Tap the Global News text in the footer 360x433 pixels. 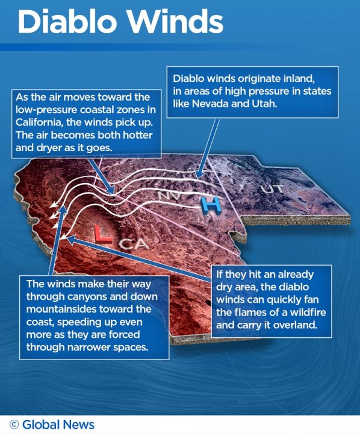point(58,425)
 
